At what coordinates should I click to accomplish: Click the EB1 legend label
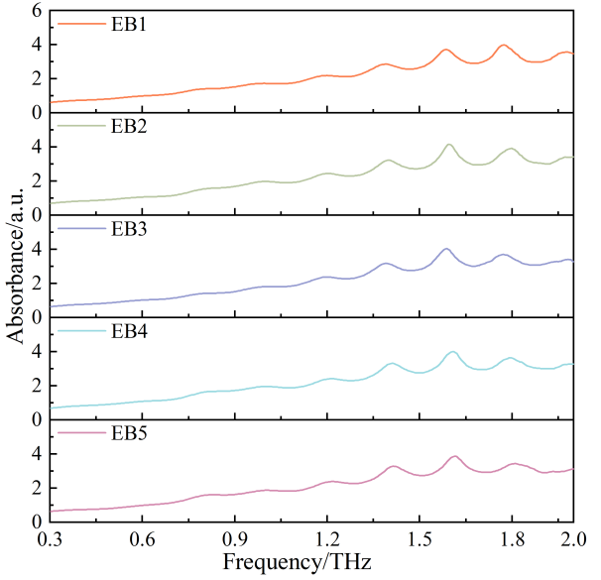(131, 24)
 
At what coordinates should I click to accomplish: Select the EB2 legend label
(131, 126)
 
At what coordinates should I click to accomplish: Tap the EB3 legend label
(131, 228)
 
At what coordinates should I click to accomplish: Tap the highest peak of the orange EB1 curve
(504, 45)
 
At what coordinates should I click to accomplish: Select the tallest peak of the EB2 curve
(449, 145)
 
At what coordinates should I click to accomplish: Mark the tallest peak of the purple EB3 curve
(446, 249)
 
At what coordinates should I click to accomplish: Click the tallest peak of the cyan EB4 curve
(452, 352)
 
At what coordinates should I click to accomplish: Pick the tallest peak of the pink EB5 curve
(455, 456)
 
